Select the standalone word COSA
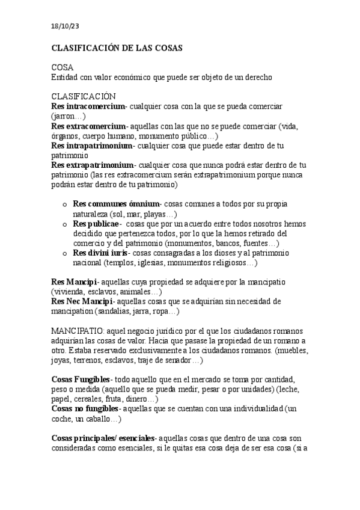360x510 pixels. pos(63,68)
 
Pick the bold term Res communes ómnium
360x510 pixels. pos(116,204)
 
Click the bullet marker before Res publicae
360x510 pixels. pos(65,224)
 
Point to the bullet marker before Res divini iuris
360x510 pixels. pos(65,253)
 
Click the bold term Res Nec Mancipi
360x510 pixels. pos(82,301)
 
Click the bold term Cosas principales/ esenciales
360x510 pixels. pos(103,438)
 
